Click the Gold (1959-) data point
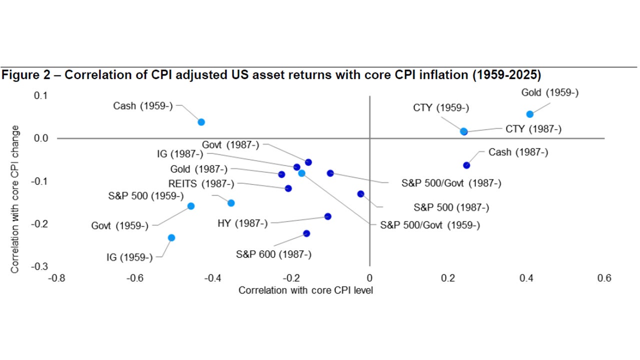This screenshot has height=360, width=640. [530, 114]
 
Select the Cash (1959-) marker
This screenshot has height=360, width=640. [201, 122]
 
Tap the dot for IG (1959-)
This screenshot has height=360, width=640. [171, 237]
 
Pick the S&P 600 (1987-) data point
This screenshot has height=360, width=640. [306, 233]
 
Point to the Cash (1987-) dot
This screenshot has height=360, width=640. [466, 165]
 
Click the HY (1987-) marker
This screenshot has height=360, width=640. [328, 216]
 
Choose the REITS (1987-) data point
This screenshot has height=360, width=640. [288, 188]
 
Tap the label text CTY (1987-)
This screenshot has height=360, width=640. [533, 129]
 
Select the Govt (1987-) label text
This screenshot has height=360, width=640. [230, 145]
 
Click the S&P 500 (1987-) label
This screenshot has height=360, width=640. [451, 207]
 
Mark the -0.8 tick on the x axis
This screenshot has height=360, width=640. [55, 278]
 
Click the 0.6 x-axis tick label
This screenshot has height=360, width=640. [604, 278]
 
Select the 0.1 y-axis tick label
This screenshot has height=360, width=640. [41, 95]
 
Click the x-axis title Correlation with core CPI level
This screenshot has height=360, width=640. [305, 290]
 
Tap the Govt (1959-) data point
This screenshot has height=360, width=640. [190, 206]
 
